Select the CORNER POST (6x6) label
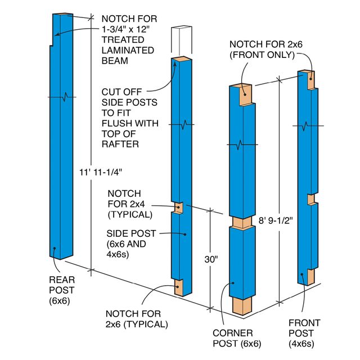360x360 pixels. coord(232,338)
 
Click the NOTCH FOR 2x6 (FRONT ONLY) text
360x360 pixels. coord(261,49)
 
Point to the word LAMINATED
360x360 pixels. coord(128,49)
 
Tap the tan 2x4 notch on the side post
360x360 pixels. coord(179,208)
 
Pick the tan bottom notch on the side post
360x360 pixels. coord(180,287)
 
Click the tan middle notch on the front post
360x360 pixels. coord(309,200)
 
